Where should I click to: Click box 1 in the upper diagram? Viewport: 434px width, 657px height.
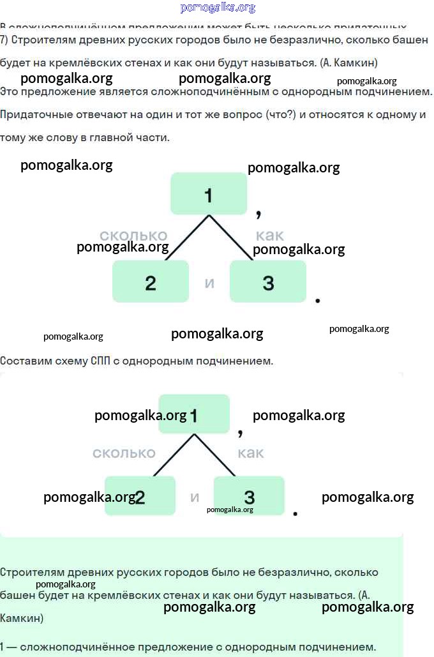tap(208, 193)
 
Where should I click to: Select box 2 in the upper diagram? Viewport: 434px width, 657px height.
tap(151, 282)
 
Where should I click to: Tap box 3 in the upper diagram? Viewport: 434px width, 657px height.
tap(268, 282)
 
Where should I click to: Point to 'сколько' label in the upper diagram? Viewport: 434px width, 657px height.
tap(133, 236)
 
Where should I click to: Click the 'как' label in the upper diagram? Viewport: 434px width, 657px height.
tap(269, 234)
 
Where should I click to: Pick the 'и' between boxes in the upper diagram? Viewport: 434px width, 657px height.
tap(209, 282)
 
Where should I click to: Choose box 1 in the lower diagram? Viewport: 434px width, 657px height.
tap(194, 414)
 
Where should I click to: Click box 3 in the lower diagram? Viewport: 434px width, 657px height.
tap(249, 496)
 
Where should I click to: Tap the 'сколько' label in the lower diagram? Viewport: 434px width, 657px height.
tap(124, 453)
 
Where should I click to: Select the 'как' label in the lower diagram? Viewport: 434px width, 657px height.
tap(251, 453)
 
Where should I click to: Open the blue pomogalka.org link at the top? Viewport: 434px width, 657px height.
tap(218, 8)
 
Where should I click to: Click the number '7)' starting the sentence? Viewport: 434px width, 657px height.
tap(4, 40)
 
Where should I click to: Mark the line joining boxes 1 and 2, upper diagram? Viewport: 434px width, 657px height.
tap(187, 238)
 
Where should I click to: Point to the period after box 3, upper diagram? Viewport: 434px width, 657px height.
tap(318, 300)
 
